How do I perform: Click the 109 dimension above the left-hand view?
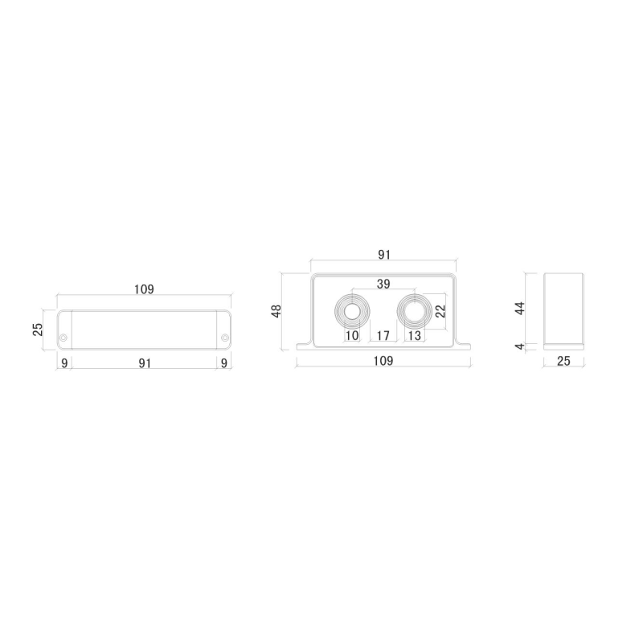coord(144,289)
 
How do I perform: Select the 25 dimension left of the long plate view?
coord(38,330)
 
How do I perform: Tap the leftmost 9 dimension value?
coord(64,364)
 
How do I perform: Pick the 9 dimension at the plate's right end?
coord(224,364)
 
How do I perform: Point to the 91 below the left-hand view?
coord(145,364)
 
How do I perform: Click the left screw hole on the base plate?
coord(63,338)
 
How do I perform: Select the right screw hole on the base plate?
coord(225,338)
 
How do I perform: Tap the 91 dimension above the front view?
coord(384,255)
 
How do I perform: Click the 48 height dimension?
coord(276,311)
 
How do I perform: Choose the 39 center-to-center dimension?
coord(383,284)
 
